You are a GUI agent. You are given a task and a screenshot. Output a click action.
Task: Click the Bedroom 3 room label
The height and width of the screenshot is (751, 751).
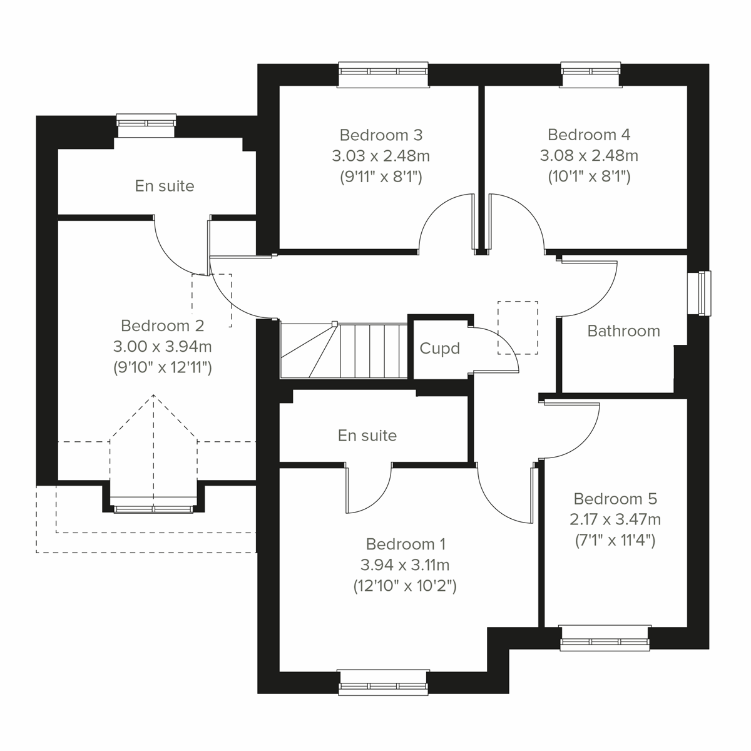(381, 135)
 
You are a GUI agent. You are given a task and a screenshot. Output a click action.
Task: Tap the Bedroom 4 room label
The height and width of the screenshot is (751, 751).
(588, 135)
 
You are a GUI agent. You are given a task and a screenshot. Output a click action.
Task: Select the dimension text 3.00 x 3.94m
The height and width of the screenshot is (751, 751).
(162, 346)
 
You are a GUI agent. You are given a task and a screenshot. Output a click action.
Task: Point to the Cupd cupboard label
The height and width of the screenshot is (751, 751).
(439, 349)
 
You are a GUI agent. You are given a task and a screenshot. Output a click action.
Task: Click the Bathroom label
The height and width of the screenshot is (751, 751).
(623, 331)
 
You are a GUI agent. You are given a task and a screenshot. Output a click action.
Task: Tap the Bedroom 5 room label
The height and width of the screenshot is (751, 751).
(615, 499)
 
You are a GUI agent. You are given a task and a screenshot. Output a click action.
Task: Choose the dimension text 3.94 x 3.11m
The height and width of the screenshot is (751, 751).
(405, 565)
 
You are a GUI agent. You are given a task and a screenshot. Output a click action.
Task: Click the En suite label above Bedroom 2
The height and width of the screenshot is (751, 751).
(165, 186)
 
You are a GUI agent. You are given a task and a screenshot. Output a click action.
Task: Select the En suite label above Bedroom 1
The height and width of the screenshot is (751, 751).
(367, 436)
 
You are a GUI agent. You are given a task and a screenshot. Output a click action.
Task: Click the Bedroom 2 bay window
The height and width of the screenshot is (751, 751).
(154, 506)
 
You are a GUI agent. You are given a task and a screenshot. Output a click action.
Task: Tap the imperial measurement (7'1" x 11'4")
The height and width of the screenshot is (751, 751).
(615, 540)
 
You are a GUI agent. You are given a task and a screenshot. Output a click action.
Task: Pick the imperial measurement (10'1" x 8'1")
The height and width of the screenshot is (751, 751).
(588, 176)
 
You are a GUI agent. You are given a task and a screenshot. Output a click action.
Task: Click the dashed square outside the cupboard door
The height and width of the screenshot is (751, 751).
(518, 327)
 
